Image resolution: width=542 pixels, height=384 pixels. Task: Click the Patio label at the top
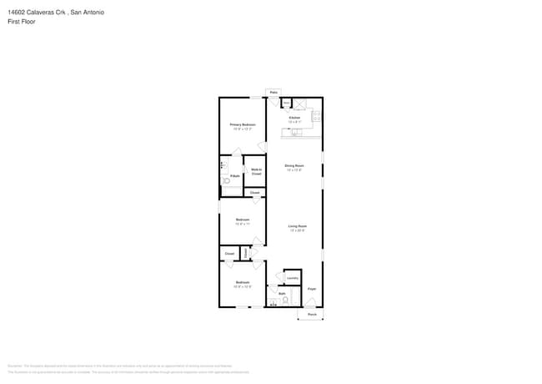(274, 92)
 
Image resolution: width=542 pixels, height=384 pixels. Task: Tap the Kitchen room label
(294, 118)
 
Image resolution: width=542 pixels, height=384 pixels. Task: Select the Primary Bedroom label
(243, 124)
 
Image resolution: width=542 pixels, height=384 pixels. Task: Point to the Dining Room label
(294, 165)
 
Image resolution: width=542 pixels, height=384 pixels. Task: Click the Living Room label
(298, 226)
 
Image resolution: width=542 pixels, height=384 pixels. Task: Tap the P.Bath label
(235, 175)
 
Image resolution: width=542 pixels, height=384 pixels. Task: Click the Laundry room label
(292, 278)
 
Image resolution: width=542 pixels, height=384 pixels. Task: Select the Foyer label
(311, 289)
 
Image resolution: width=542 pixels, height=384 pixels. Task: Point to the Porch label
(312, 315)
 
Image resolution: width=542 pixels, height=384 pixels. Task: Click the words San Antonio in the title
(88, 13)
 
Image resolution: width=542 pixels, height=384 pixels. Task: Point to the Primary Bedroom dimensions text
(243, 129)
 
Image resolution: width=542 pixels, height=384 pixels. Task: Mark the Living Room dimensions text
(298, 230)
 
